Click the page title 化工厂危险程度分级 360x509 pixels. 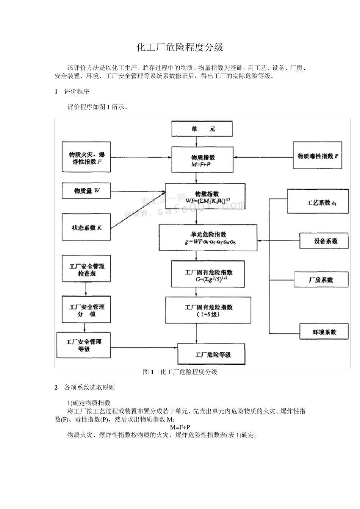[x=180, y=47]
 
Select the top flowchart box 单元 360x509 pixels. [x=202, y=129]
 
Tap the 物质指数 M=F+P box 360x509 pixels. [x=203, y=160]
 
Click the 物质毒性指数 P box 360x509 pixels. [x=318, y=156]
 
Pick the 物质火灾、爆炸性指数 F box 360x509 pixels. [x=86, y=158]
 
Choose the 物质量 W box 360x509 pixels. [x=86, y=190]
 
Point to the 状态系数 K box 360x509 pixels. [x=86, y=227]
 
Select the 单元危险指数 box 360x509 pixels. [x=208, y=237]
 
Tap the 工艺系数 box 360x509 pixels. [x=318, y=202]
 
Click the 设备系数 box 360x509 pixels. [x=324, y=241]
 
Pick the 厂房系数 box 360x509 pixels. [x=321, y=280]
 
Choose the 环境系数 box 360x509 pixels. [x=324, y=332]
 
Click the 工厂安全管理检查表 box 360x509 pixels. [x=86, y=269]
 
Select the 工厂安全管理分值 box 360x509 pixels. [x=86, y=310]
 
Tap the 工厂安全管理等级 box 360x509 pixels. [x=84, y=345]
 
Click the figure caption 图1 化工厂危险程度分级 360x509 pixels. [x=180, y=372]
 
